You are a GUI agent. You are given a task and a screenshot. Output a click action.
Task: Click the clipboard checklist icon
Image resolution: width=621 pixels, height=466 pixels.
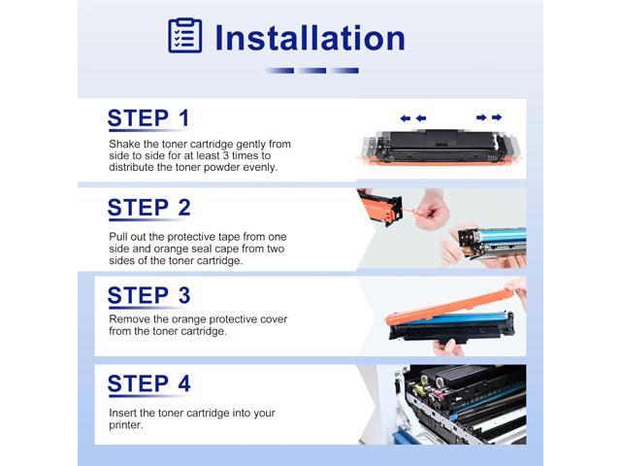coord(185,36)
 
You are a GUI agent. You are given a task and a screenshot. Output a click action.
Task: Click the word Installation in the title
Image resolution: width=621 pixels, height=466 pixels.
coord(310,38)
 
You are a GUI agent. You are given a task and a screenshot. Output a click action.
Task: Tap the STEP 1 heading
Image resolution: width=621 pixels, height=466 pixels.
coord(148,118)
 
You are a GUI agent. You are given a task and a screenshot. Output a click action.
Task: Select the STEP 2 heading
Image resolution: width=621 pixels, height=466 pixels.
coord(148,207)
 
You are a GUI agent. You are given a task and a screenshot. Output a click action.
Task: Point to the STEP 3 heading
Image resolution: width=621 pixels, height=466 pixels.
coord(148,295)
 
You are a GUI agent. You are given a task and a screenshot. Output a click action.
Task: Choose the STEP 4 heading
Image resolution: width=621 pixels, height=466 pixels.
coord(148,383)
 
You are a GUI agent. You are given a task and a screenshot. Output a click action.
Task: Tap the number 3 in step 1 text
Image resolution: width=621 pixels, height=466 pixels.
coord(225,155)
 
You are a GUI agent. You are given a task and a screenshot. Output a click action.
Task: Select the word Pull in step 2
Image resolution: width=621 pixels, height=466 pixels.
coord(117,237)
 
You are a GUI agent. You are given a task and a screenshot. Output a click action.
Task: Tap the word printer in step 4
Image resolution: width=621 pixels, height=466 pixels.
coord(125,425)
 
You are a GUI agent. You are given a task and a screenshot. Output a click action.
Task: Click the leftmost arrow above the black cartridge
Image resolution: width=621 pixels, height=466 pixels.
coord(406,118)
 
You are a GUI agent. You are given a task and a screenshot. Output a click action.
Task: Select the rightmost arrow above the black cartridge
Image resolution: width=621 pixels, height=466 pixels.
coord(497,117)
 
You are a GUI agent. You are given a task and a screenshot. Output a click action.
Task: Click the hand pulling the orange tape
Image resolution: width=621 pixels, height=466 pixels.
coord(431,210)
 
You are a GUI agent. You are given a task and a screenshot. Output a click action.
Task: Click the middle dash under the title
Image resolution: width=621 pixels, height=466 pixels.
coord(312,71)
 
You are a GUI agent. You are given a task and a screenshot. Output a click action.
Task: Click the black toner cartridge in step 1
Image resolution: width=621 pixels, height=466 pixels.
coord(440,146)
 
